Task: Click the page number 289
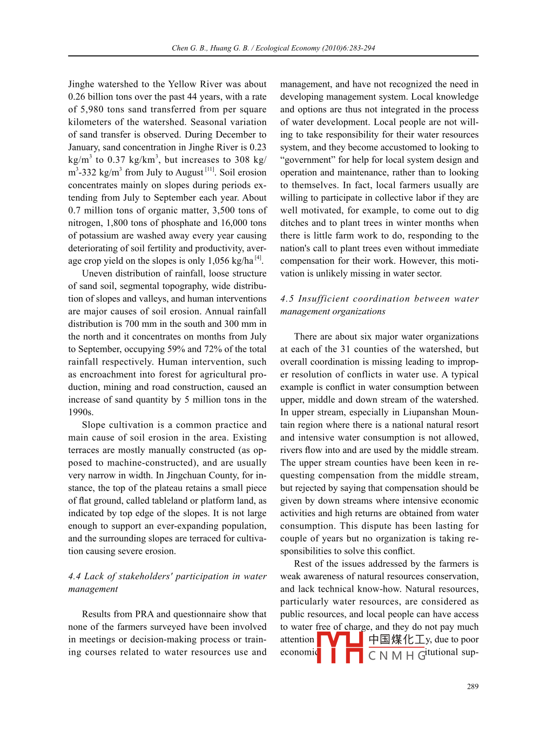point(473,687)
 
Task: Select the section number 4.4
point(75,577)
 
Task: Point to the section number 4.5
point(287,299)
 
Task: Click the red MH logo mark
point(340,647)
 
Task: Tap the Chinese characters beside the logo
point(397,640)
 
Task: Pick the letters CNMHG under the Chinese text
point(397,656)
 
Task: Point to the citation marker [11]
point(210,170)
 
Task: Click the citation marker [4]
point(258,258)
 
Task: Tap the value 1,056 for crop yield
point(219,261)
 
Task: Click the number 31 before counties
point(345,349)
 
